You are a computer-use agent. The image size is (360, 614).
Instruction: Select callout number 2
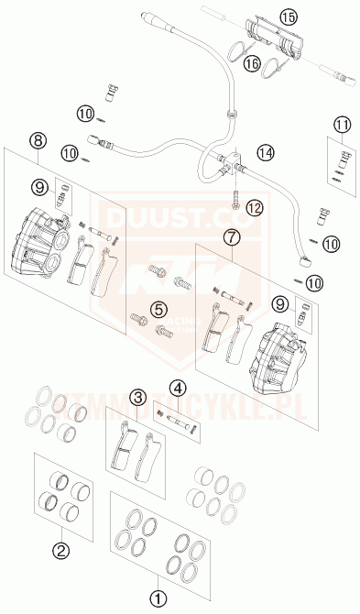[61, 550]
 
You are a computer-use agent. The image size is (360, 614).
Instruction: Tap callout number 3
[137, 398]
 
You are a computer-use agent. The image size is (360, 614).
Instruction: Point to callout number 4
[178, 388]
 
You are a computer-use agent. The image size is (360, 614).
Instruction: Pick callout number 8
[37, 140]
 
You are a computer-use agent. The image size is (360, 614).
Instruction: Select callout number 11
[342, 125]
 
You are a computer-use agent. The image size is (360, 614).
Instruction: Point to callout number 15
[263, 16]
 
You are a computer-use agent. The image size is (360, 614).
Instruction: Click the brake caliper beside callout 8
[41, 243]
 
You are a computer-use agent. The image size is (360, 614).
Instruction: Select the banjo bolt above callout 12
[235, 196]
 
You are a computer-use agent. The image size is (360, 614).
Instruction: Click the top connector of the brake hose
[151, 18]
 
